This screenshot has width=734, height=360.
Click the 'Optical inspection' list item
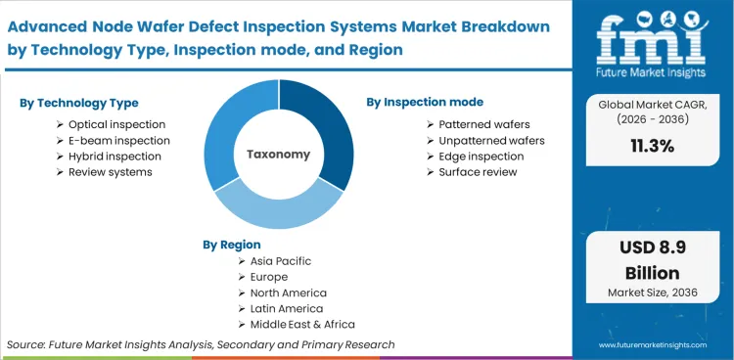click(x=116, y=124)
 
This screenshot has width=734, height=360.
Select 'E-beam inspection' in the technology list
click(x=118, y=140)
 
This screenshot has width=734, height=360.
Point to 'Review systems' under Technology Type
click(x=110, y=171)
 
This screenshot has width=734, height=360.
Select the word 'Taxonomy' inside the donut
click(x=278, y=154)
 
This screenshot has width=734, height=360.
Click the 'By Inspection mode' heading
click(x=425, y=102)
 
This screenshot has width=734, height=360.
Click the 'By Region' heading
click(x=232, y=244)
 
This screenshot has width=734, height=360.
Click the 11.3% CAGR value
click(x=654, y=173)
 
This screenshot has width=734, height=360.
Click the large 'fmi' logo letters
click(x=653, y=37)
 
